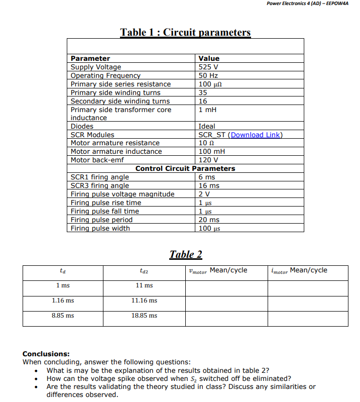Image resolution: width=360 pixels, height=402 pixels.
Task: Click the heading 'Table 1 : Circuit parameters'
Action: point(185,33)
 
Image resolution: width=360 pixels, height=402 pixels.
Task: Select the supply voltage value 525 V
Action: point(208,67)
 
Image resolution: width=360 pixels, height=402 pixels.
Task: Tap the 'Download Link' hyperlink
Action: point(256,135)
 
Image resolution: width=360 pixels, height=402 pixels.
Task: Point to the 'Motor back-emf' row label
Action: point(97,160)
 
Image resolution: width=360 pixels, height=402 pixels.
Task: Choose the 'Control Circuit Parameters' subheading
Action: point(185,168)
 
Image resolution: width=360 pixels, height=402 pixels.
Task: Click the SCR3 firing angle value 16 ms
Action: point(209,185)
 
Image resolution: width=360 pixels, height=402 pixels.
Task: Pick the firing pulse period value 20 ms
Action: point(209,220)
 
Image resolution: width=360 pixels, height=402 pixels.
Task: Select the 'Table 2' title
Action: point(185,254)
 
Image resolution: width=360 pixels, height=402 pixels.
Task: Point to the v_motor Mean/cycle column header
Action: point(216,271)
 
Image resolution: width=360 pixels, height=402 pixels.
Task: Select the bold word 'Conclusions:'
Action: point(46,354)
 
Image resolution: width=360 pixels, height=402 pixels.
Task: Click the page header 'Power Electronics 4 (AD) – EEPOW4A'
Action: point(307,4)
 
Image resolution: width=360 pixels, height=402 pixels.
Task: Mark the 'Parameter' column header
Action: point(90,58)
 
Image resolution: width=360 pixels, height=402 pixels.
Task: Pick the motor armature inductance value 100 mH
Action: point(212,151)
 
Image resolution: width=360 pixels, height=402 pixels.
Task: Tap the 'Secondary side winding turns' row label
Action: point(116,101)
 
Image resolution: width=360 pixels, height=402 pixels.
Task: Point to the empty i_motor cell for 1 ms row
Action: point(307,288)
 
